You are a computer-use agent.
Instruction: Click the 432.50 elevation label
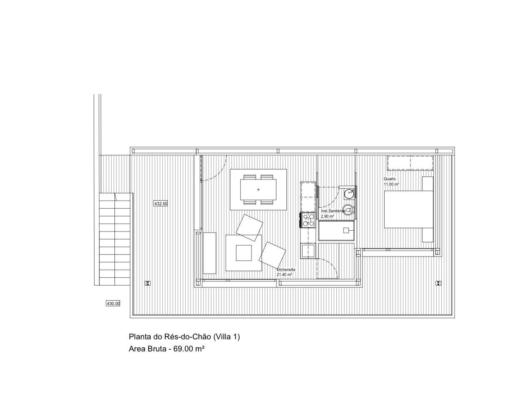point(161,204)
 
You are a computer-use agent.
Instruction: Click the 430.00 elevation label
point(113,304)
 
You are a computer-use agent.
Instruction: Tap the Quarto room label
point(390,179)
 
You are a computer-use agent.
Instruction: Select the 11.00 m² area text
point(391,184)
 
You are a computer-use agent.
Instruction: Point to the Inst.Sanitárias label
point(333,211)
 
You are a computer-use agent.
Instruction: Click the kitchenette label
point(286,270)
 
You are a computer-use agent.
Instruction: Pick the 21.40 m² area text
point(284,275)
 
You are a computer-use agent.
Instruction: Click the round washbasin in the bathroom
point(349,193)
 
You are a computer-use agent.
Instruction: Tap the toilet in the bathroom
point(348,209)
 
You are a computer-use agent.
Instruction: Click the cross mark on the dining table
point(258,189)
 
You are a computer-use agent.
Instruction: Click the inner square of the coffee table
point(244,253)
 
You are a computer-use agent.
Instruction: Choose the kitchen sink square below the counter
point(308,251)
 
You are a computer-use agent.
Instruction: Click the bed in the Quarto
point(409,209)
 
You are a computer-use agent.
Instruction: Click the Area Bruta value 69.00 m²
point(189,349)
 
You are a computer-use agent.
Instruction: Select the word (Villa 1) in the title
point(226,337)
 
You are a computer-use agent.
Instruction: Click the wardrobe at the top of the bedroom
point(410,163)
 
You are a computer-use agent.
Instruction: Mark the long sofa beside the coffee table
point(209,253)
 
